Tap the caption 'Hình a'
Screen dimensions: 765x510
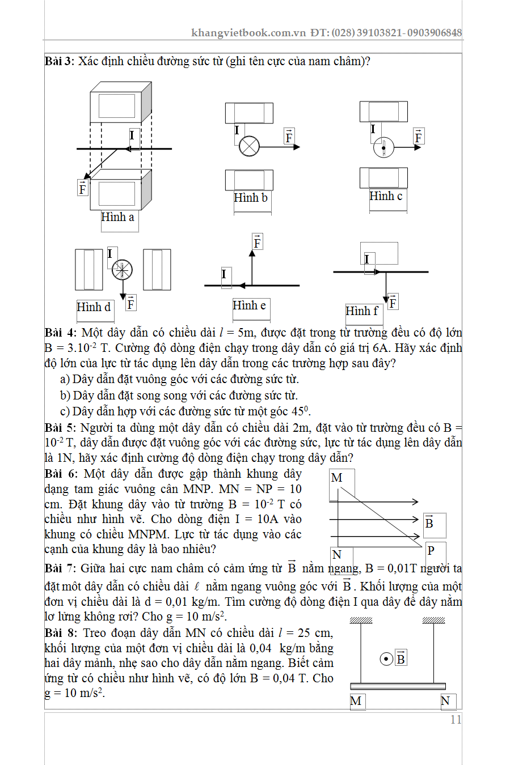tap(117, 217)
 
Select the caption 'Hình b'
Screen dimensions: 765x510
tap(250, 198)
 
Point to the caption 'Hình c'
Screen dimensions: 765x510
tap(386, 196)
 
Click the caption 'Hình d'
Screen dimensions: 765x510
tap(94, 307)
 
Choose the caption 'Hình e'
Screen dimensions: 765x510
tap(249, 305)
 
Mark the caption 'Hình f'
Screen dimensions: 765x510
tap(361, 311)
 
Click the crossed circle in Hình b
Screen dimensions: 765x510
tap(249, 147)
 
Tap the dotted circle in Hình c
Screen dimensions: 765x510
tap(383, 148)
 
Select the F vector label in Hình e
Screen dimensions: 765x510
tap(257, 243)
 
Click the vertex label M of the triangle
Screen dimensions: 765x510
tap(336, 478)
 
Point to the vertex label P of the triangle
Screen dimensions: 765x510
tap(431, 550)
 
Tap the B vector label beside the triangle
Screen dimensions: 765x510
tap(429, 522)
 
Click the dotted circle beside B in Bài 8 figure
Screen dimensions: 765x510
tap(386, 659)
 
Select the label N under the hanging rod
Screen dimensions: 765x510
tap(445, 701)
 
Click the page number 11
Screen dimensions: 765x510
tap(456, 720)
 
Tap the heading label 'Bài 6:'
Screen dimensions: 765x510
tap(61, 474)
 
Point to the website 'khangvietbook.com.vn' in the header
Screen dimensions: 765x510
tap(248, 33)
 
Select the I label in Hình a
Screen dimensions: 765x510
tap(132, 135)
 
